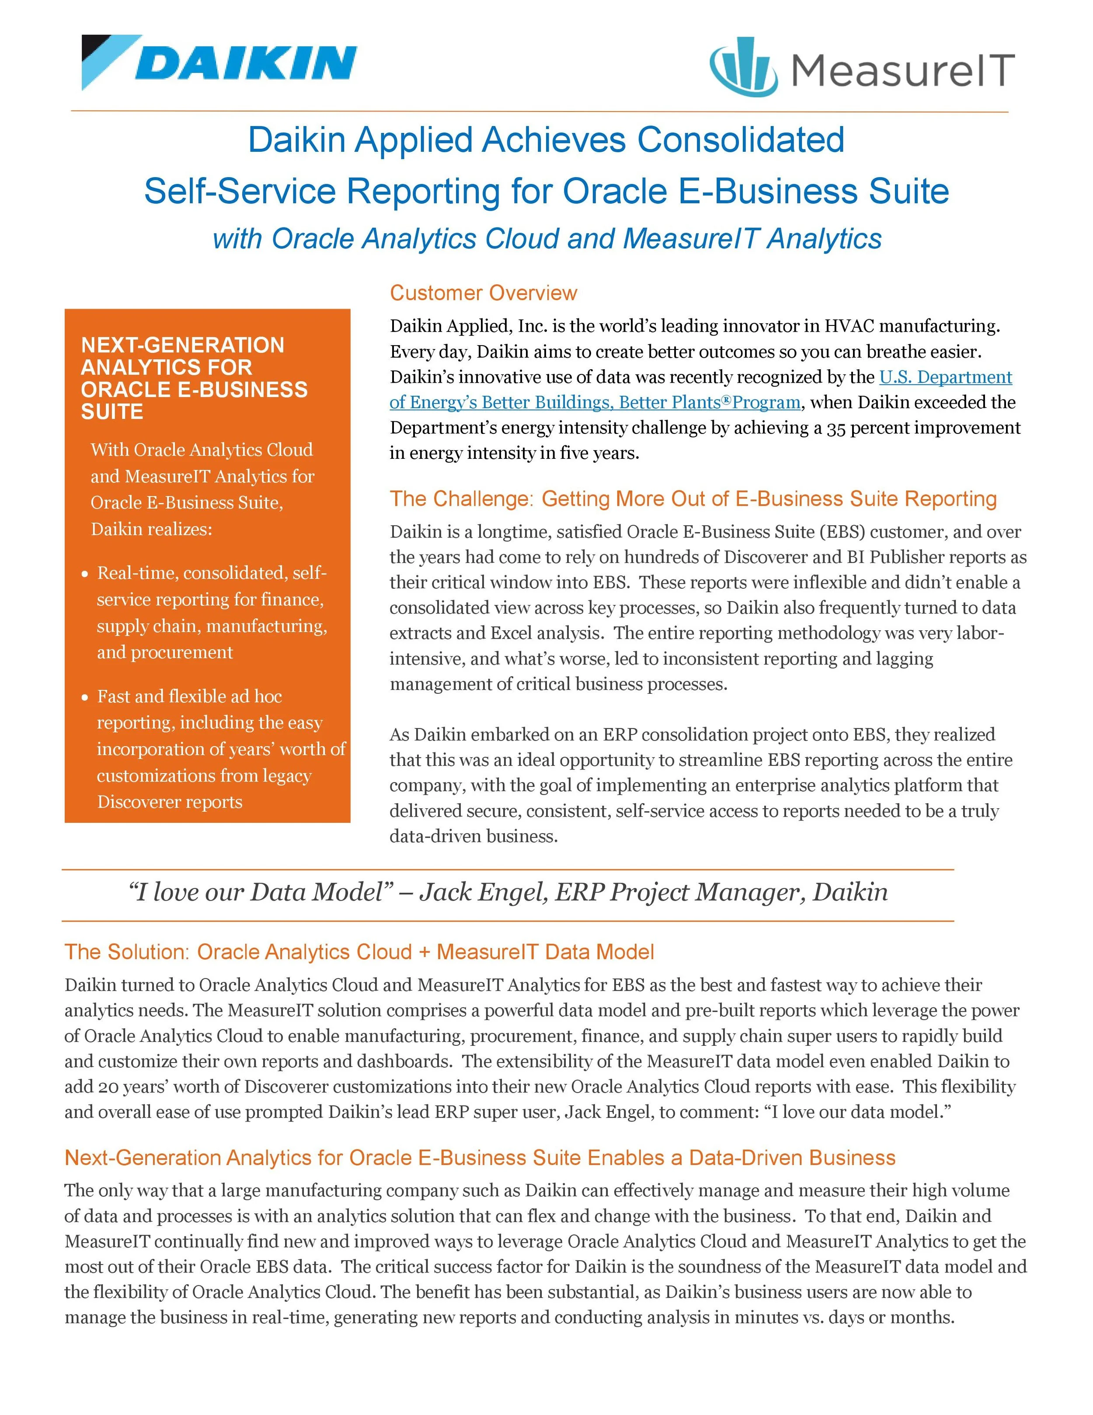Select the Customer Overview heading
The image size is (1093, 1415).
[x=483, y=293]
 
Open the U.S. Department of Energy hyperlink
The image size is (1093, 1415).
[x=945, y=377]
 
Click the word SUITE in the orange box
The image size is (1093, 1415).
[x=112, y=412]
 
